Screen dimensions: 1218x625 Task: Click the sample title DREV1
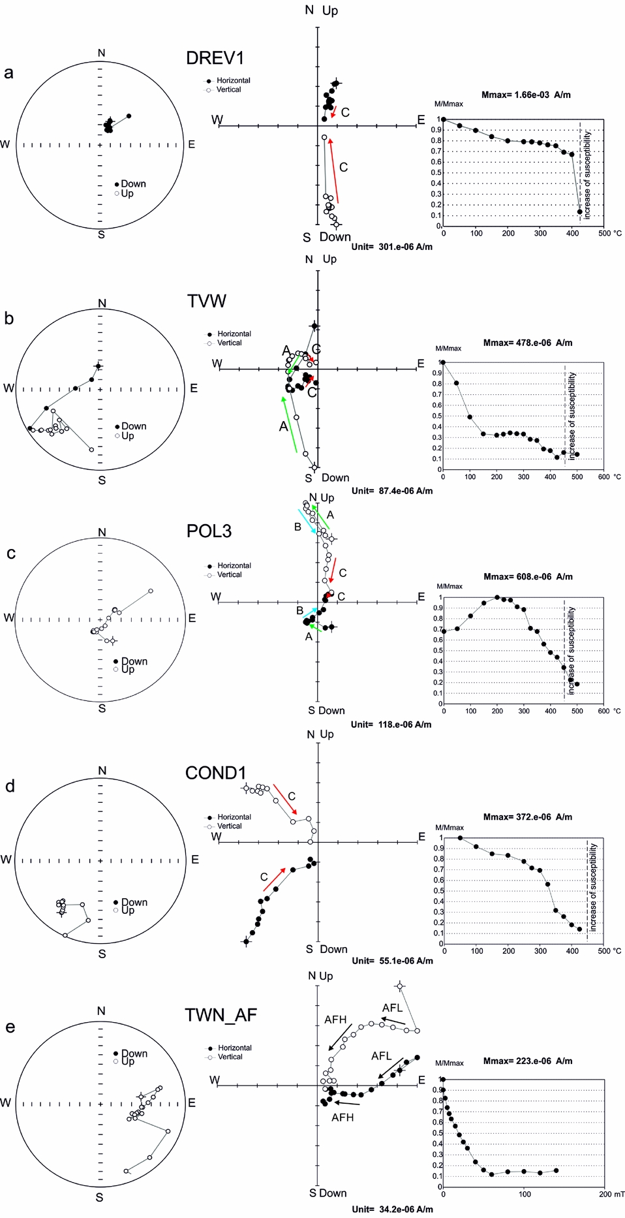[x=215, y=58]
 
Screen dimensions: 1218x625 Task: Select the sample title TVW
[x=206, y=301]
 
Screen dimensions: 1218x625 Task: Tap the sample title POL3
[x=209, y=531]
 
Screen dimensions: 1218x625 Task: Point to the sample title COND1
[x=215, y=773]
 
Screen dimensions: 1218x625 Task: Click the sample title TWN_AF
[x=221, y=1015]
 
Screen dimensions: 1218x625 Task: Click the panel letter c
[x=10, y=554]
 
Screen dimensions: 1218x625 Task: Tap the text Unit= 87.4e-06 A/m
[x=391, y=491]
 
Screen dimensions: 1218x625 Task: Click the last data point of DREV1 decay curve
[x=579, y=211]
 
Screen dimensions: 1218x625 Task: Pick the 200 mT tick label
[x=611, y=1194]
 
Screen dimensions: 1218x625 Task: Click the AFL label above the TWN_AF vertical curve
[x=392, y=1008]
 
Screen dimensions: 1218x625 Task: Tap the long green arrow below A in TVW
[x=288, y=424]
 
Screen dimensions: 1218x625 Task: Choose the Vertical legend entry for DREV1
[x=228, y=89]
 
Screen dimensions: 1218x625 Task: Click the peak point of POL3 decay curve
[x=497, y=597]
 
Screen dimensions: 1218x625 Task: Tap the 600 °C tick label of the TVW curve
[x=604, y=476]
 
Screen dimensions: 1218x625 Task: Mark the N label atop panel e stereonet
[x=101, y=1011]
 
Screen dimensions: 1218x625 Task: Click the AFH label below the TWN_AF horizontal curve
[x=342, y=1117]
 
